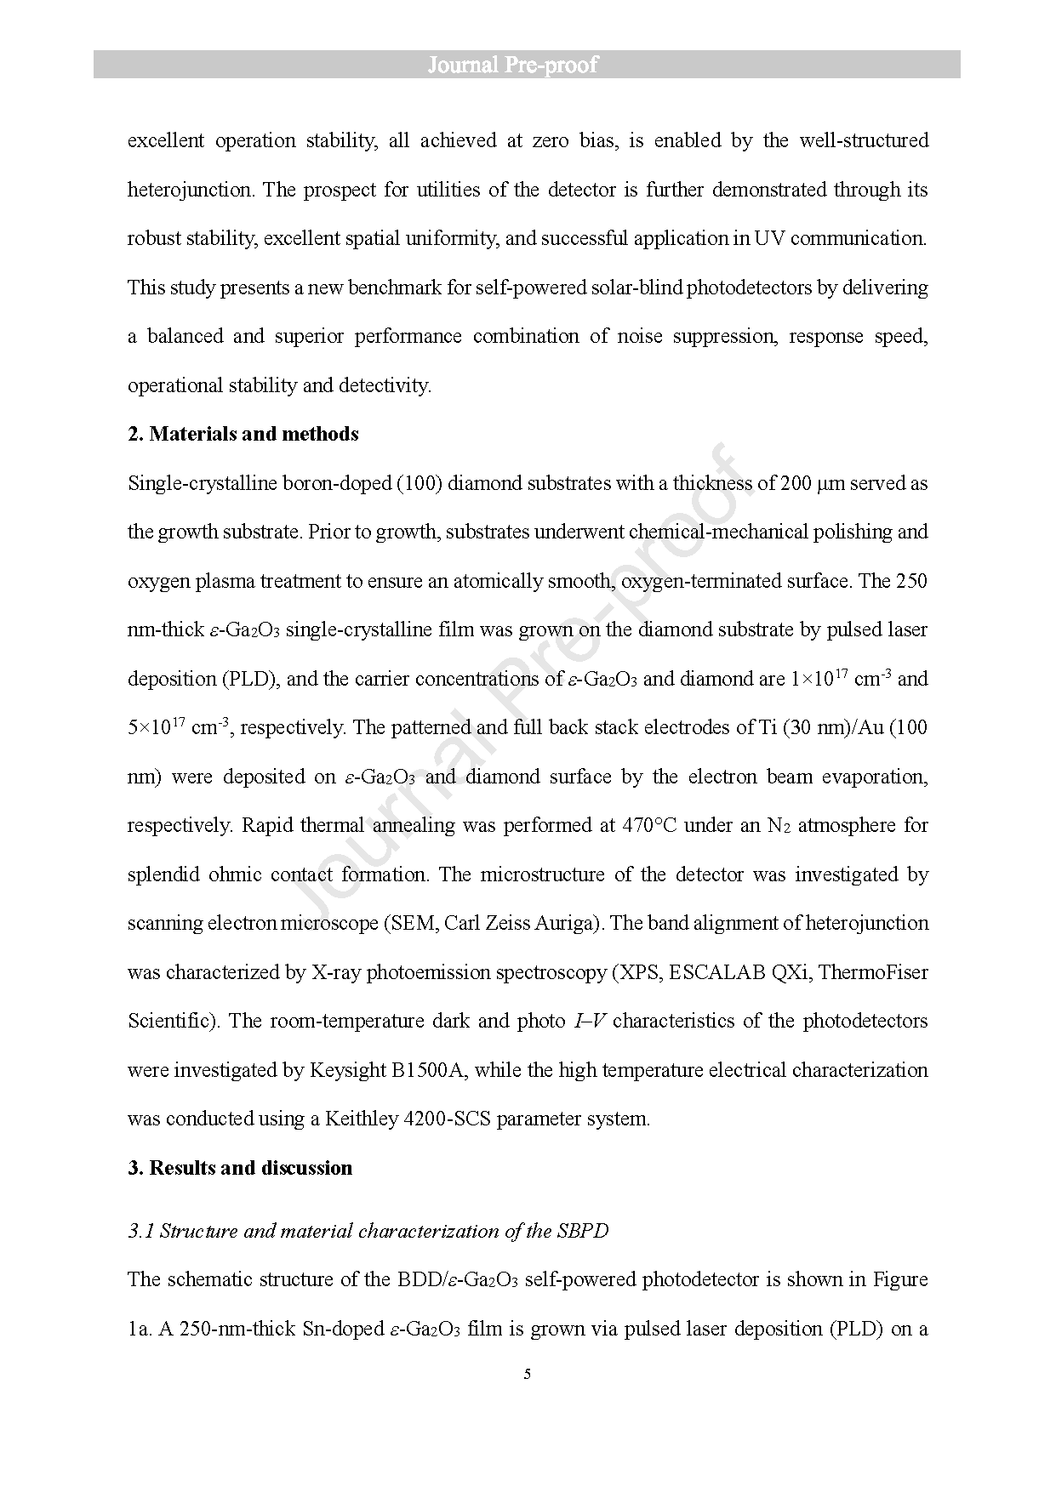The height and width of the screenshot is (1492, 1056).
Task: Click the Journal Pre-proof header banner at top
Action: tap(527, 65)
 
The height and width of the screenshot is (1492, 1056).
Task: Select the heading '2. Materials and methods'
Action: tap(243, 434)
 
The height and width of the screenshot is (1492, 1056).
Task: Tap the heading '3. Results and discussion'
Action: tap(240, 1167)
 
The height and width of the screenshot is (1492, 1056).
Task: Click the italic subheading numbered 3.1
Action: tap(368, 1231)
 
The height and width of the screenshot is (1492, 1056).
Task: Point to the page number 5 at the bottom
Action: tap(528, 1374)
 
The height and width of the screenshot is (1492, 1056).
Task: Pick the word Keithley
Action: tap(361, 1119)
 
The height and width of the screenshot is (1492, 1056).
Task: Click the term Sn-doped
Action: tap(344, 1329)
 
